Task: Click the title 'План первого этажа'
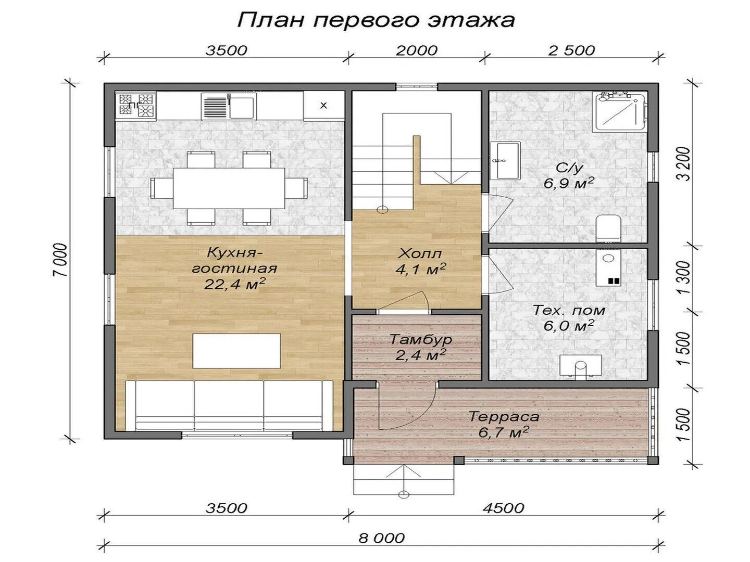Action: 376,20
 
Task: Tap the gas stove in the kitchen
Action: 136,105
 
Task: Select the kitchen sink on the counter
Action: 228,106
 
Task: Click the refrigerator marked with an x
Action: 323,105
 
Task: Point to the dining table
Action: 229,188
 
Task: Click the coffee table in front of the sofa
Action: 237,351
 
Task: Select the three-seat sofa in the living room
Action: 229,405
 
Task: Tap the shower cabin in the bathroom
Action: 621,111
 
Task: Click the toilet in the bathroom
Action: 608,228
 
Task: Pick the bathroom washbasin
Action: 505,161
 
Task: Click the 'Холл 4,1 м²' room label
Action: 420,261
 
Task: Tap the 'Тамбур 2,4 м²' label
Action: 420,348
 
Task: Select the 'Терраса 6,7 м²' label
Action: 504,424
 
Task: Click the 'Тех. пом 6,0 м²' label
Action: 569,318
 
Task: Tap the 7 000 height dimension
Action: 60,260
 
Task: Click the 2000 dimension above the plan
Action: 417,50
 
